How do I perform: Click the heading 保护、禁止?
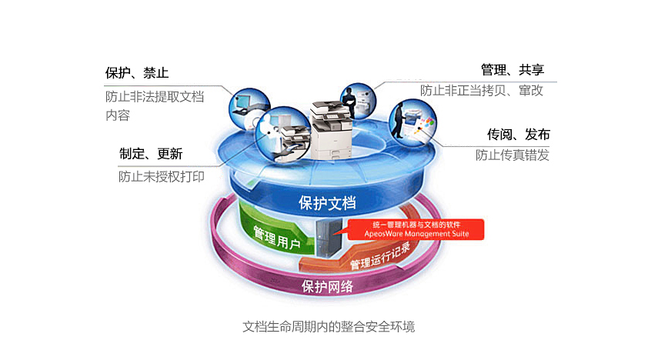[137, 73]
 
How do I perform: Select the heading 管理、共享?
[513, 70]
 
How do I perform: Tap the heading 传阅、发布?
[518, 135]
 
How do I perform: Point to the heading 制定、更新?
[151, 154]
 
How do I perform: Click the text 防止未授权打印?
[161, 177]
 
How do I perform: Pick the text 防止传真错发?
[513, 155]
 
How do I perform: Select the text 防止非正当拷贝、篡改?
[482, 90]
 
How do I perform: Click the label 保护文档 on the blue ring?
[327, 203]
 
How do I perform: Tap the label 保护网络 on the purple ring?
[327, 287]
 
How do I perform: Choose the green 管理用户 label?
[277, 238]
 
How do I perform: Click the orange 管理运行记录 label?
[380, 256]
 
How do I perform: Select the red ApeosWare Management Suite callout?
[416, 229]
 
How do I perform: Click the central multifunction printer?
[331, 130]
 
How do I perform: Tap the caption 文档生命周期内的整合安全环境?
[329, 326]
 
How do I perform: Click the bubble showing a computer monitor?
[249, 108]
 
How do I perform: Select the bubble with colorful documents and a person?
[413, 122]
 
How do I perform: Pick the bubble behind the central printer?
[358, 101]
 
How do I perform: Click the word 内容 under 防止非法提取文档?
[118, 115]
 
